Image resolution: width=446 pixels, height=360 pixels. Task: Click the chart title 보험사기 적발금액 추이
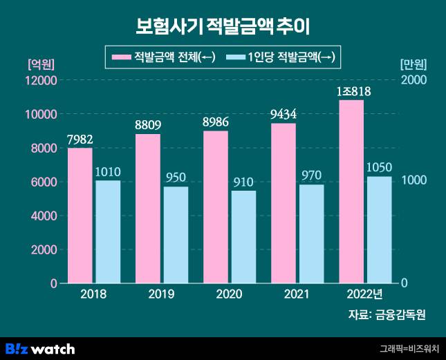click(x=223, y=27)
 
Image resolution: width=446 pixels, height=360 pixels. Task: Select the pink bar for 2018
click(x=80, y=216)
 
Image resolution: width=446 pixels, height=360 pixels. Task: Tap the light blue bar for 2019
click(x=176, y=235)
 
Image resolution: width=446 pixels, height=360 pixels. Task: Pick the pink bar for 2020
click(x=215, y=207)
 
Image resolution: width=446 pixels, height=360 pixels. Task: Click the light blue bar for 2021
click(x=311, y=234)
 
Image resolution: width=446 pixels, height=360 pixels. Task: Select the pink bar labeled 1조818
click(x=351, y=191)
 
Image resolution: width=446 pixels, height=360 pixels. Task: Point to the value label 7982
click(x=80, y=140)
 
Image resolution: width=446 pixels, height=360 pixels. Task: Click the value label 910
click(x=243, y=182)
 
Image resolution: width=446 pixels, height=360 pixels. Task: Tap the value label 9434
click(x=283, y=114)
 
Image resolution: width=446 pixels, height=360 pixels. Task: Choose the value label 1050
click(x=379, y=168)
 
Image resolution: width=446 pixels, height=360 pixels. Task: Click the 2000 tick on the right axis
click(x=414, y=80)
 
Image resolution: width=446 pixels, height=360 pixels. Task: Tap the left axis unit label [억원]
click(x=40, y=64)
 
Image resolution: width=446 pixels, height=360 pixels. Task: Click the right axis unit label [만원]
click(x=414, y=64)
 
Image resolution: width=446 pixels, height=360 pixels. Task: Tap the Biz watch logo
click(x=40, y=348)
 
